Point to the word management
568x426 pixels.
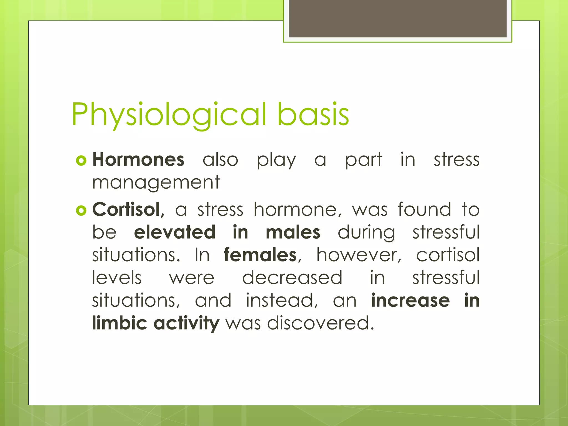pos(156,183)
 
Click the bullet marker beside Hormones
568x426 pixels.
pos(81,161)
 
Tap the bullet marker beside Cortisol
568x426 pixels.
pos(81,211)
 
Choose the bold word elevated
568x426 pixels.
pos(175,232)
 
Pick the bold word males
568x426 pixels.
pos(293,232)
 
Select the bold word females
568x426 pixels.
pos(260,255)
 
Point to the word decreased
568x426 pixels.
pos(292,278)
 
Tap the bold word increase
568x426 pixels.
pos(410,300)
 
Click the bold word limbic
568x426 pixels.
pos(119,323)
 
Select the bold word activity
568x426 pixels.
pos(186,324)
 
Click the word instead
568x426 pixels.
pos(282,300)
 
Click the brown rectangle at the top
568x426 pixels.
pos(397,18)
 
